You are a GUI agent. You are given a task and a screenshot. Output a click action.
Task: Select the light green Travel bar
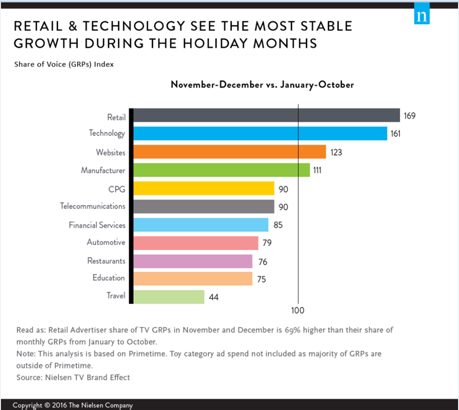(169, 296)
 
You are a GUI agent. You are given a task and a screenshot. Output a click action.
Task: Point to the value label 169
(409, 116)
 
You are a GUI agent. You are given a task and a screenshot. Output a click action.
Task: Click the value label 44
(214, 296)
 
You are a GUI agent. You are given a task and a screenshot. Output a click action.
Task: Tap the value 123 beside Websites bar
(336, 152)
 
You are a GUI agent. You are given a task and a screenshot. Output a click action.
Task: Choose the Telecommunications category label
(93, 206)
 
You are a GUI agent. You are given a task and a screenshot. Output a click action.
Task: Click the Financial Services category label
(97, 225)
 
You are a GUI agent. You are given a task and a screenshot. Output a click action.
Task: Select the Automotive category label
(106, 242)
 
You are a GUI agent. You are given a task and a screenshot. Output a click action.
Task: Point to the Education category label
(109, 278)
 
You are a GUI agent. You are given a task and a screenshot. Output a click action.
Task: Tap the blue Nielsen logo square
(421, 15)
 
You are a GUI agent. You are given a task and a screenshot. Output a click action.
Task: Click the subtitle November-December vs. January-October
(262, 85)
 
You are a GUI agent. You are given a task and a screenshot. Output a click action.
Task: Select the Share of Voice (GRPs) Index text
(64, 64)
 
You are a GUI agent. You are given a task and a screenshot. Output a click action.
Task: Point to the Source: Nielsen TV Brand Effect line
(74, 377)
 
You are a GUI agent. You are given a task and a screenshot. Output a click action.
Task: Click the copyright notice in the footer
(73, 405)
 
